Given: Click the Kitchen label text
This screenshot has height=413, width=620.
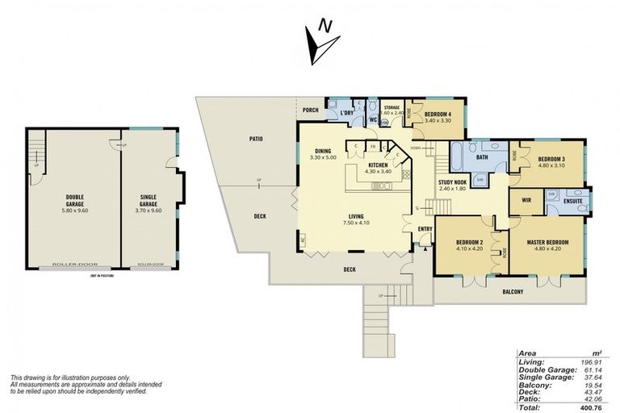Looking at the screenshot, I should coord(377,167).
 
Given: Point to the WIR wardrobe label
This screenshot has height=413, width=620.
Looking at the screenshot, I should coord(526,199).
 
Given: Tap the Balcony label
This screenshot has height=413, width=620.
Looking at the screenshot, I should coord(513,292).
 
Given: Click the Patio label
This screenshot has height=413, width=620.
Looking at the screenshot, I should coord(256,140).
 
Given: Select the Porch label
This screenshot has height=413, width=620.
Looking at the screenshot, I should coord(310,111).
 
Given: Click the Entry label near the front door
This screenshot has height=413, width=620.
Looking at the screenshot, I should coord(425,229).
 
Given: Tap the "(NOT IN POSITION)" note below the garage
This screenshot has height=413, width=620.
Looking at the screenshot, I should coord(103,277).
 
